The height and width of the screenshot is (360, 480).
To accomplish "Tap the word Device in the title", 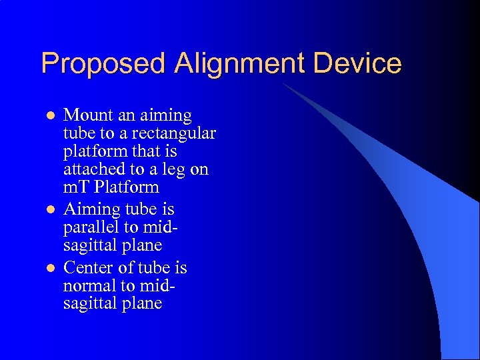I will coord(355,64).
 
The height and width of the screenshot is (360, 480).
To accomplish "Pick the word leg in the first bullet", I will coord(175,169).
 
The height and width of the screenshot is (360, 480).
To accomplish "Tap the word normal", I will coord(86,286).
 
